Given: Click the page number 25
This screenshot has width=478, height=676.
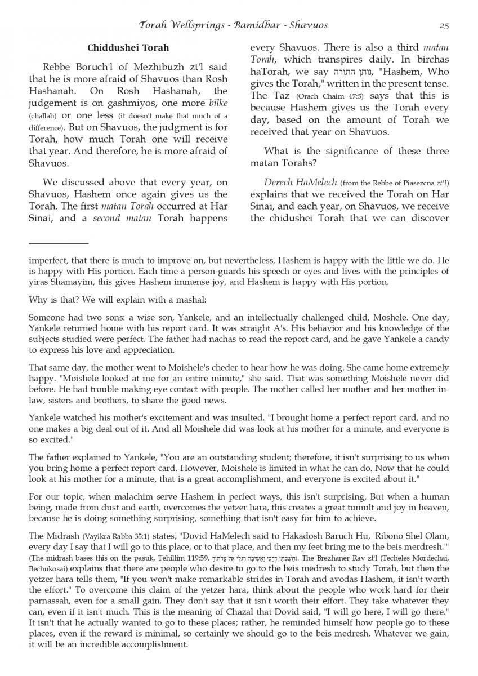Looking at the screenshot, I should coord(443,25).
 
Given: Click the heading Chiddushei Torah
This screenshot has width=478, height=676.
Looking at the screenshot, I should coord(128,48).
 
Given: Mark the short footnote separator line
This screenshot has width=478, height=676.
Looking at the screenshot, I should coord(59,243).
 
